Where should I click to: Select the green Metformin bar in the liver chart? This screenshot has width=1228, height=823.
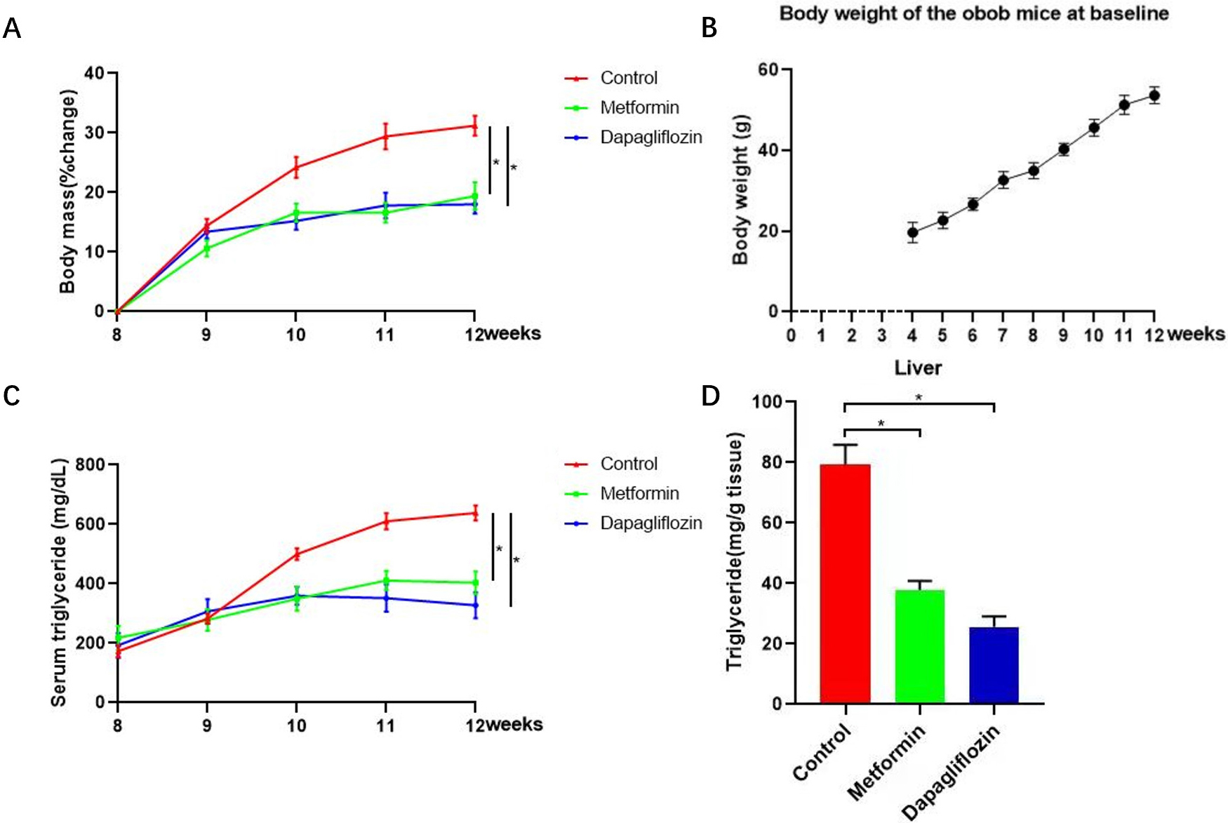[x=919, y=646]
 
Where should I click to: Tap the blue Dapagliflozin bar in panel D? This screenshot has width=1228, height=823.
[x=994, y=665]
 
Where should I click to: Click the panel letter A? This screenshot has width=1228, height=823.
[x=12, y=29]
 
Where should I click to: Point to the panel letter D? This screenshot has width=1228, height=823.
[x=710, y=396]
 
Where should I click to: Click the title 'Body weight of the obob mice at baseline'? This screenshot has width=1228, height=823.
[x=973, y=13]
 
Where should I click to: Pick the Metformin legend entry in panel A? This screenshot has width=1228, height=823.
[x=639, y=107]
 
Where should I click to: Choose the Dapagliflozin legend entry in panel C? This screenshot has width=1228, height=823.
[x=650, y=523]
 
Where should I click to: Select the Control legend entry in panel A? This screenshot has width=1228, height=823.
[x=629, y=78]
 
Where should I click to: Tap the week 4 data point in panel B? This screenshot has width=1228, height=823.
[x=912, y=232]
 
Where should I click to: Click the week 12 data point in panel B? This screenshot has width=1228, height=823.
[x=1154, y=95]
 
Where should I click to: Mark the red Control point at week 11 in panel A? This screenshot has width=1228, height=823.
[x=385, y=136]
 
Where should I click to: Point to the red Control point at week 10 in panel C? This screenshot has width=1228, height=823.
[x=296, y=554]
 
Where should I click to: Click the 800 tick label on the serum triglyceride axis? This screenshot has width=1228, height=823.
[x=90, y=464]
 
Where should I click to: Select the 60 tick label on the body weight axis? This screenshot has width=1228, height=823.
[x=768, y=69]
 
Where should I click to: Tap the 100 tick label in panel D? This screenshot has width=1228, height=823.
[x=766, y=401]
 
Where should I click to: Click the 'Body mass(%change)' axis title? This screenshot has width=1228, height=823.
[x=67, y=192]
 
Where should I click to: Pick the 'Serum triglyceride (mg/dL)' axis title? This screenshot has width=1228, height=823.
[x=59, y=582]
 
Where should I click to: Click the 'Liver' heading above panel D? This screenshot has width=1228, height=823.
[x=918, y=368]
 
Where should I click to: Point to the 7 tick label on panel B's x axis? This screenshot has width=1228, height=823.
[x=1003, y=335]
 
